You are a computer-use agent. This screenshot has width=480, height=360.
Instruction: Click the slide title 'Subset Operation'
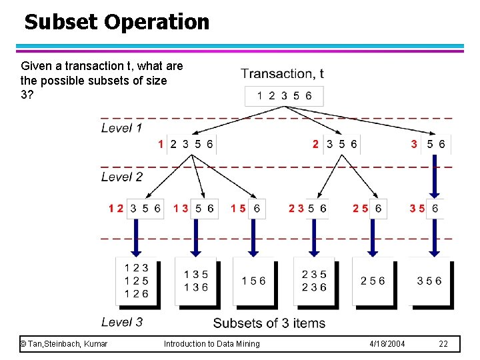pyautogui.click(x=117, y=22)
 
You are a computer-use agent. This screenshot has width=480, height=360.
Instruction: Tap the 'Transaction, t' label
pyautogui.click(x=283, y=74)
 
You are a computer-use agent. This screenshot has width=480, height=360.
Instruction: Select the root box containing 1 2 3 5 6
pyautogui.click(x=285, y=96)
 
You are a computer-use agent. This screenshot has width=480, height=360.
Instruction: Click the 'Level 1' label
pyautogui.click(x=121, y=127)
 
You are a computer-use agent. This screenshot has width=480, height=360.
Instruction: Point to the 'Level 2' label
pyautogui.click(x=121, y=177)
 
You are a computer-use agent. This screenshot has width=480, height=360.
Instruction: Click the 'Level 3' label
pyautogui.click(x=121, y=322)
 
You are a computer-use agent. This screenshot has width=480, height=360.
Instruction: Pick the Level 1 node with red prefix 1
pyautogui.click(x=187, y=144)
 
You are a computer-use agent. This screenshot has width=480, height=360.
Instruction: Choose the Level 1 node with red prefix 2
pyautogui.click(x=335, y=144)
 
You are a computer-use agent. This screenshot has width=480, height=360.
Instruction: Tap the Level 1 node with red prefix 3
pyautogui.click(x=428, y=144)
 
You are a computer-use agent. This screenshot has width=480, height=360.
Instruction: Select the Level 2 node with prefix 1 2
pyautogui.click(x=135, y=209)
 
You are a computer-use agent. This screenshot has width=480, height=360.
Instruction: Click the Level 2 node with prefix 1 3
pyautogui.click(x=194, y=209)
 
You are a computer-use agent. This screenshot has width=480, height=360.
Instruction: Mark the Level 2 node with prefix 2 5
pyautogui.click(x=368, y=209)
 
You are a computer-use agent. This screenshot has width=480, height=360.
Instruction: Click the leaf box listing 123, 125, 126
pyautogui.click(x=137, y=281)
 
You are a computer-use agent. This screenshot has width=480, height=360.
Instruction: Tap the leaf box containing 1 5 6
pyautogui.click(x=253, y=281)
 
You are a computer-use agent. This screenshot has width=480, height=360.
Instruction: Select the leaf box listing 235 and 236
pyautogui.click(x=314, y=281)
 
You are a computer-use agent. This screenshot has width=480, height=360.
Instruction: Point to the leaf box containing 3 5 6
pyautogui.click(x=429, y=281)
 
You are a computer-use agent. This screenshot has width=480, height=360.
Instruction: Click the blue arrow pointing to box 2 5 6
pyautogui.click(x=372, y=237)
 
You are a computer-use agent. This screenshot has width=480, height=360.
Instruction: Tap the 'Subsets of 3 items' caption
pyautogui.click(x=269, y=323)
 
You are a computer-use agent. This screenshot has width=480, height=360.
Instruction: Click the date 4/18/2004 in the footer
pyautogui.click(x=387, y=344)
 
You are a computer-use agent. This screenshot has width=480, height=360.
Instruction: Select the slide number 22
pyautogui.click(x=443, y=344)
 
